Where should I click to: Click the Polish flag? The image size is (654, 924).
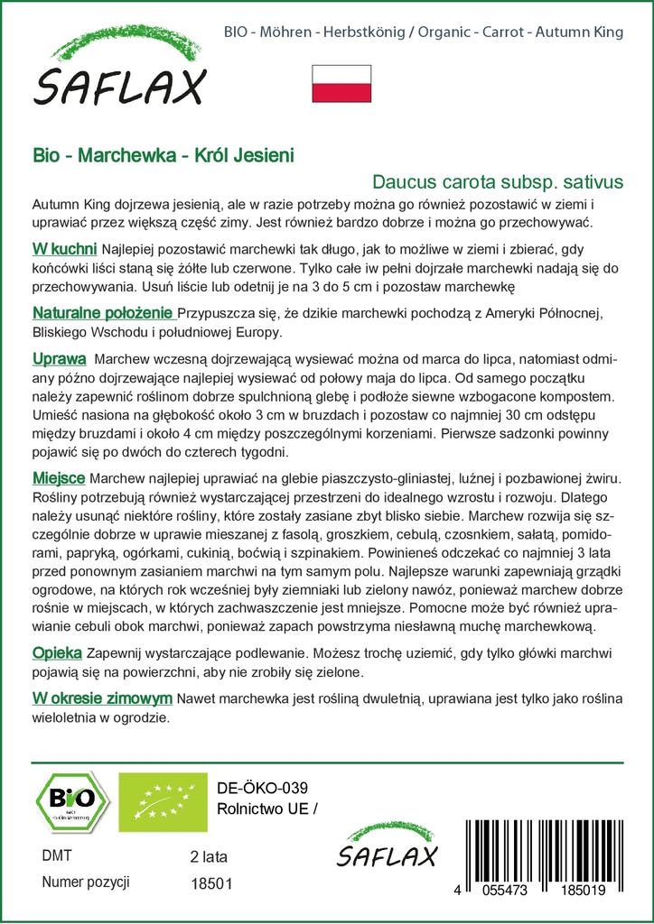(341, 84)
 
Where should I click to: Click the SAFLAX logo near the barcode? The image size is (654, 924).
(386, 846)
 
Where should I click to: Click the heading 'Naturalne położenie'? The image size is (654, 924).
(102, 314)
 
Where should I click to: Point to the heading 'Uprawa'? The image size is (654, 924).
(59, 358)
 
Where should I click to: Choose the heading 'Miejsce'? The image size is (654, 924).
(59, 476)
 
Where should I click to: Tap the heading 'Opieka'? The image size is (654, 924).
(57, 652)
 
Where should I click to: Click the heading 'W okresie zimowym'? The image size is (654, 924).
(101, 698)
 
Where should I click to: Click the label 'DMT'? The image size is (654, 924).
(57, 855)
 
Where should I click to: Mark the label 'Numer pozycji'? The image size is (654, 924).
(86, 882)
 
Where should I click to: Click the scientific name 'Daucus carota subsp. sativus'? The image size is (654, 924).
(498, 180)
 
